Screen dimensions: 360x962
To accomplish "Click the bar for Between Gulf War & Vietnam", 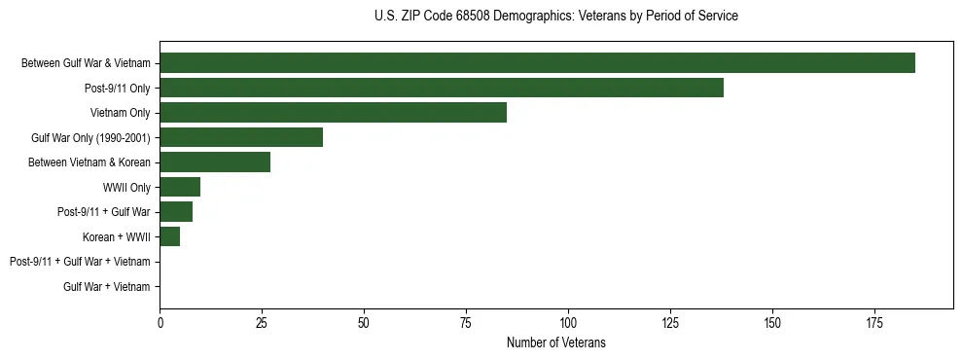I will [x=537, y=63].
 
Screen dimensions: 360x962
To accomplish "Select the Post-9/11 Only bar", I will [x=442, y=88].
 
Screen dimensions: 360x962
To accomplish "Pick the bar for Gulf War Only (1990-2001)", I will [x=241, y=137].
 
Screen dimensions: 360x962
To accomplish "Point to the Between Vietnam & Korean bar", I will [x=215, y=162].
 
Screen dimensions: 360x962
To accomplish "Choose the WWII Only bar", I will [x=180, y=187].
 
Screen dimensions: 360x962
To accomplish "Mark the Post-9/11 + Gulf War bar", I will [x=176, y=212].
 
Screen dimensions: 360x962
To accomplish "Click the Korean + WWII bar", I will [x=170, y=236].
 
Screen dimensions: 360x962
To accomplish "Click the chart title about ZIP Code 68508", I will [x=555, y=17].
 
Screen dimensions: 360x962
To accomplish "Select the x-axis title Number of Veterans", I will [x=555, y=342].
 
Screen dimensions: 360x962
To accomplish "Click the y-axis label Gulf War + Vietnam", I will [x=106, y=286].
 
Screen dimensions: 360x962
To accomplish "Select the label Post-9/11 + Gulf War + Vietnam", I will [x=80, y=262].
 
